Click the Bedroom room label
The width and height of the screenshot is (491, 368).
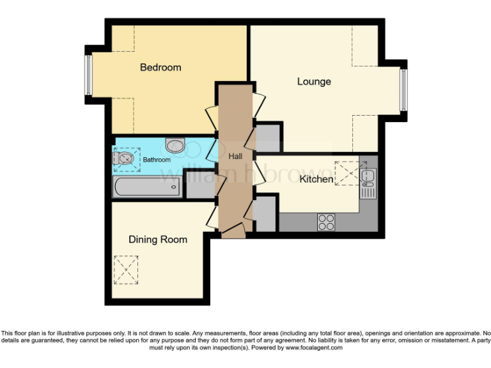(160, 67)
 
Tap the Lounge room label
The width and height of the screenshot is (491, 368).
(314, 81)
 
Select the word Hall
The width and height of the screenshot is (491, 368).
(235, 155)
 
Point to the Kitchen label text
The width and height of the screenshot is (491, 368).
(316, 179)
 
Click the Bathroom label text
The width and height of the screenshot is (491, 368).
(156, 160)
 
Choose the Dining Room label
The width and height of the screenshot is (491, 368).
(158, 240)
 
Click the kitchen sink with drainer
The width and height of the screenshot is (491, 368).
(368, 181)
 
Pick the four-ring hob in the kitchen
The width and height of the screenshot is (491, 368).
(326, 222)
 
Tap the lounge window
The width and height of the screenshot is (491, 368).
(403, 89)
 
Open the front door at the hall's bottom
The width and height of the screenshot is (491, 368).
(233, 231)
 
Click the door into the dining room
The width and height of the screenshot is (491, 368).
(212, 214)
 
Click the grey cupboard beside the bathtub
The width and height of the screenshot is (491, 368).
(199, 185)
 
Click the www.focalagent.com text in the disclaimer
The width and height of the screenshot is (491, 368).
(314, 348)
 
